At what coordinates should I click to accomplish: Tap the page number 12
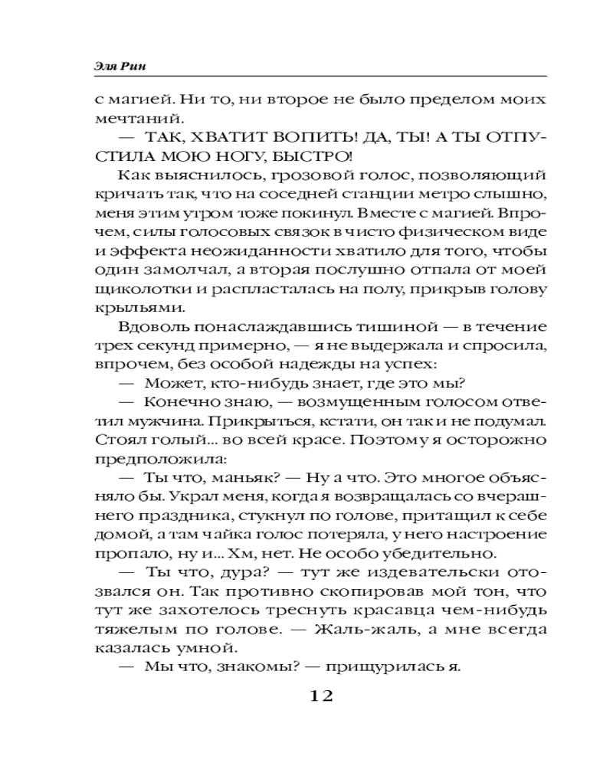point(320,696)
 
